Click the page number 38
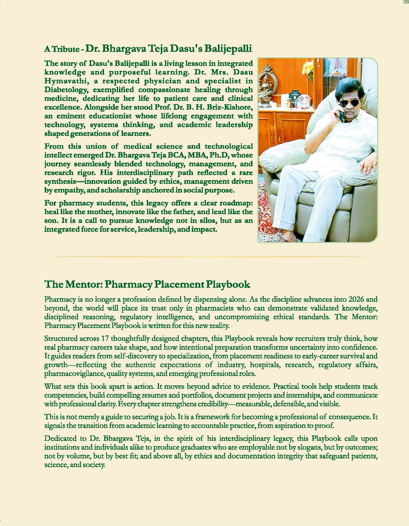point(406,2)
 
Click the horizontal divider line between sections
point(209,257)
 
